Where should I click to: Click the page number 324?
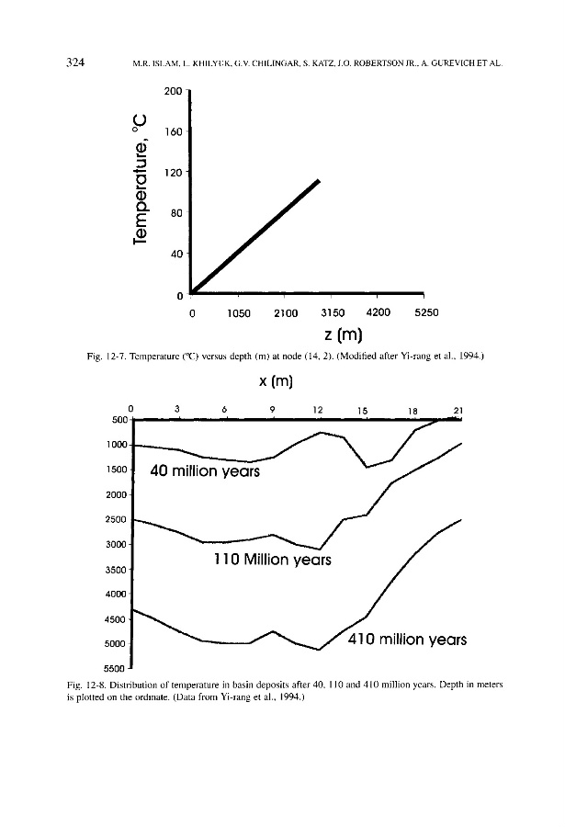coord(76,62)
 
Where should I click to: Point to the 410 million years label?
coord(409,639)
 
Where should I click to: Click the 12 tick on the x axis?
coord(317,409)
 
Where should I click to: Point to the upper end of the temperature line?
coord(319,181)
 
